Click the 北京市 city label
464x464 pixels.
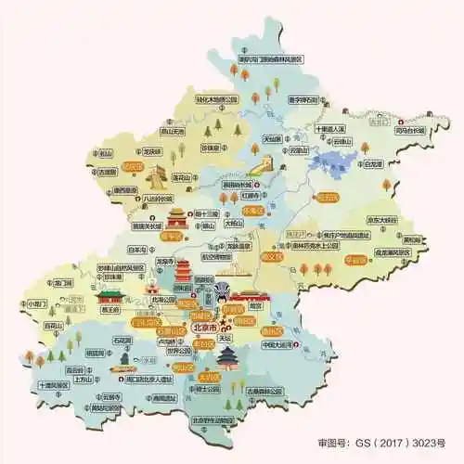point(203,329)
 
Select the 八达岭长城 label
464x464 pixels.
point(154,199)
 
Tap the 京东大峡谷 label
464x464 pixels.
point(380,220)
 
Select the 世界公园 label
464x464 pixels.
point(178,352)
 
